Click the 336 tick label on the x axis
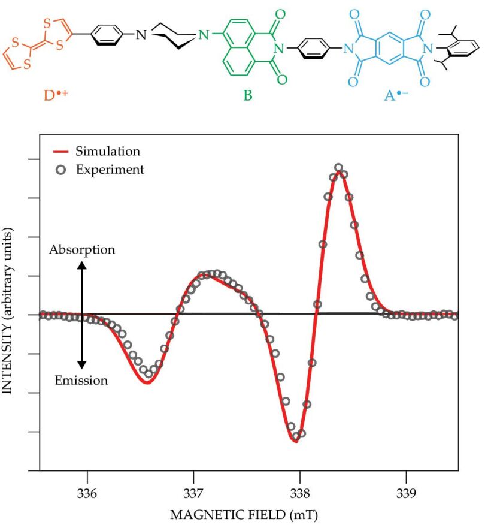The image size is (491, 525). (87, 491)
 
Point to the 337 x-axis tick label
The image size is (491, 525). (193, 491)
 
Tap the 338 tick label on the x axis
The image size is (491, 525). (299, 491)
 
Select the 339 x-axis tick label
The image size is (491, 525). (406, 491)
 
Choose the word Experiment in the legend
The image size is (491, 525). (110, 170)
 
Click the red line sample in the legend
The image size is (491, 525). (61, 151)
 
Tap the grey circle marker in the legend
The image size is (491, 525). (61, 170)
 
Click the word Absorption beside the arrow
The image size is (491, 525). (82, 250)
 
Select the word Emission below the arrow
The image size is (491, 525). (81, 380)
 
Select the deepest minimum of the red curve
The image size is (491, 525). (296, 442)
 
